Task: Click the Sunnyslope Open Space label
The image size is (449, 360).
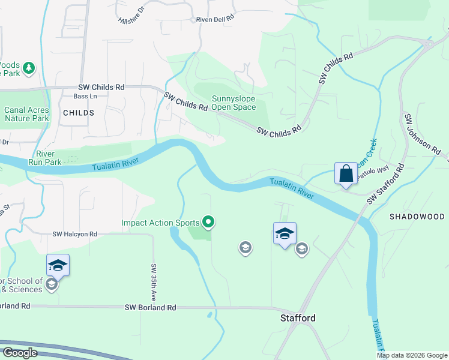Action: pos(234,103)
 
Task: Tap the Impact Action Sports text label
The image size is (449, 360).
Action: pos(160,223)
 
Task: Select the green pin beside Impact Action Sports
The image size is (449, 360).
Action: pos(208,223)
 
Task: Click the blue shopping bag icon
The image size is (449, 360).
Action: pos(346,175)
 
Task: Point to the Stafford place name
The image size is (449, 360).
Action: pos(298,318)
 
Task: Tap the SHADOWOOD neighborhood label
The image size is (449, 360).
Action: pos(417,217)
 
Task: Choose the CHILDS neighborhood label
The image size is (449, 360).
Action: pos(78,113)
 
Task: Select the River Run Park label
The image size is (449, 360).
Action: pos(45,158)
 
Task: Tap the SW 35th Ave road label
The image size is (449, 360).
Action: pos(154,283)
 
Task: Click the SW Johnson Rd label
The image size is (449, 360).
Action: pos(417,133)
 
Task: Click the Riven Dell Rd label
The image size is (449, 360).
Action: pos(214,19)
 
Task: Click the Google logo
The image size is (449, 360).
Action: pos(20,353)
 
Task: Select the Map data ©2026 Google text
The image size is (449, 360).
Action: pos(412,355)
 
